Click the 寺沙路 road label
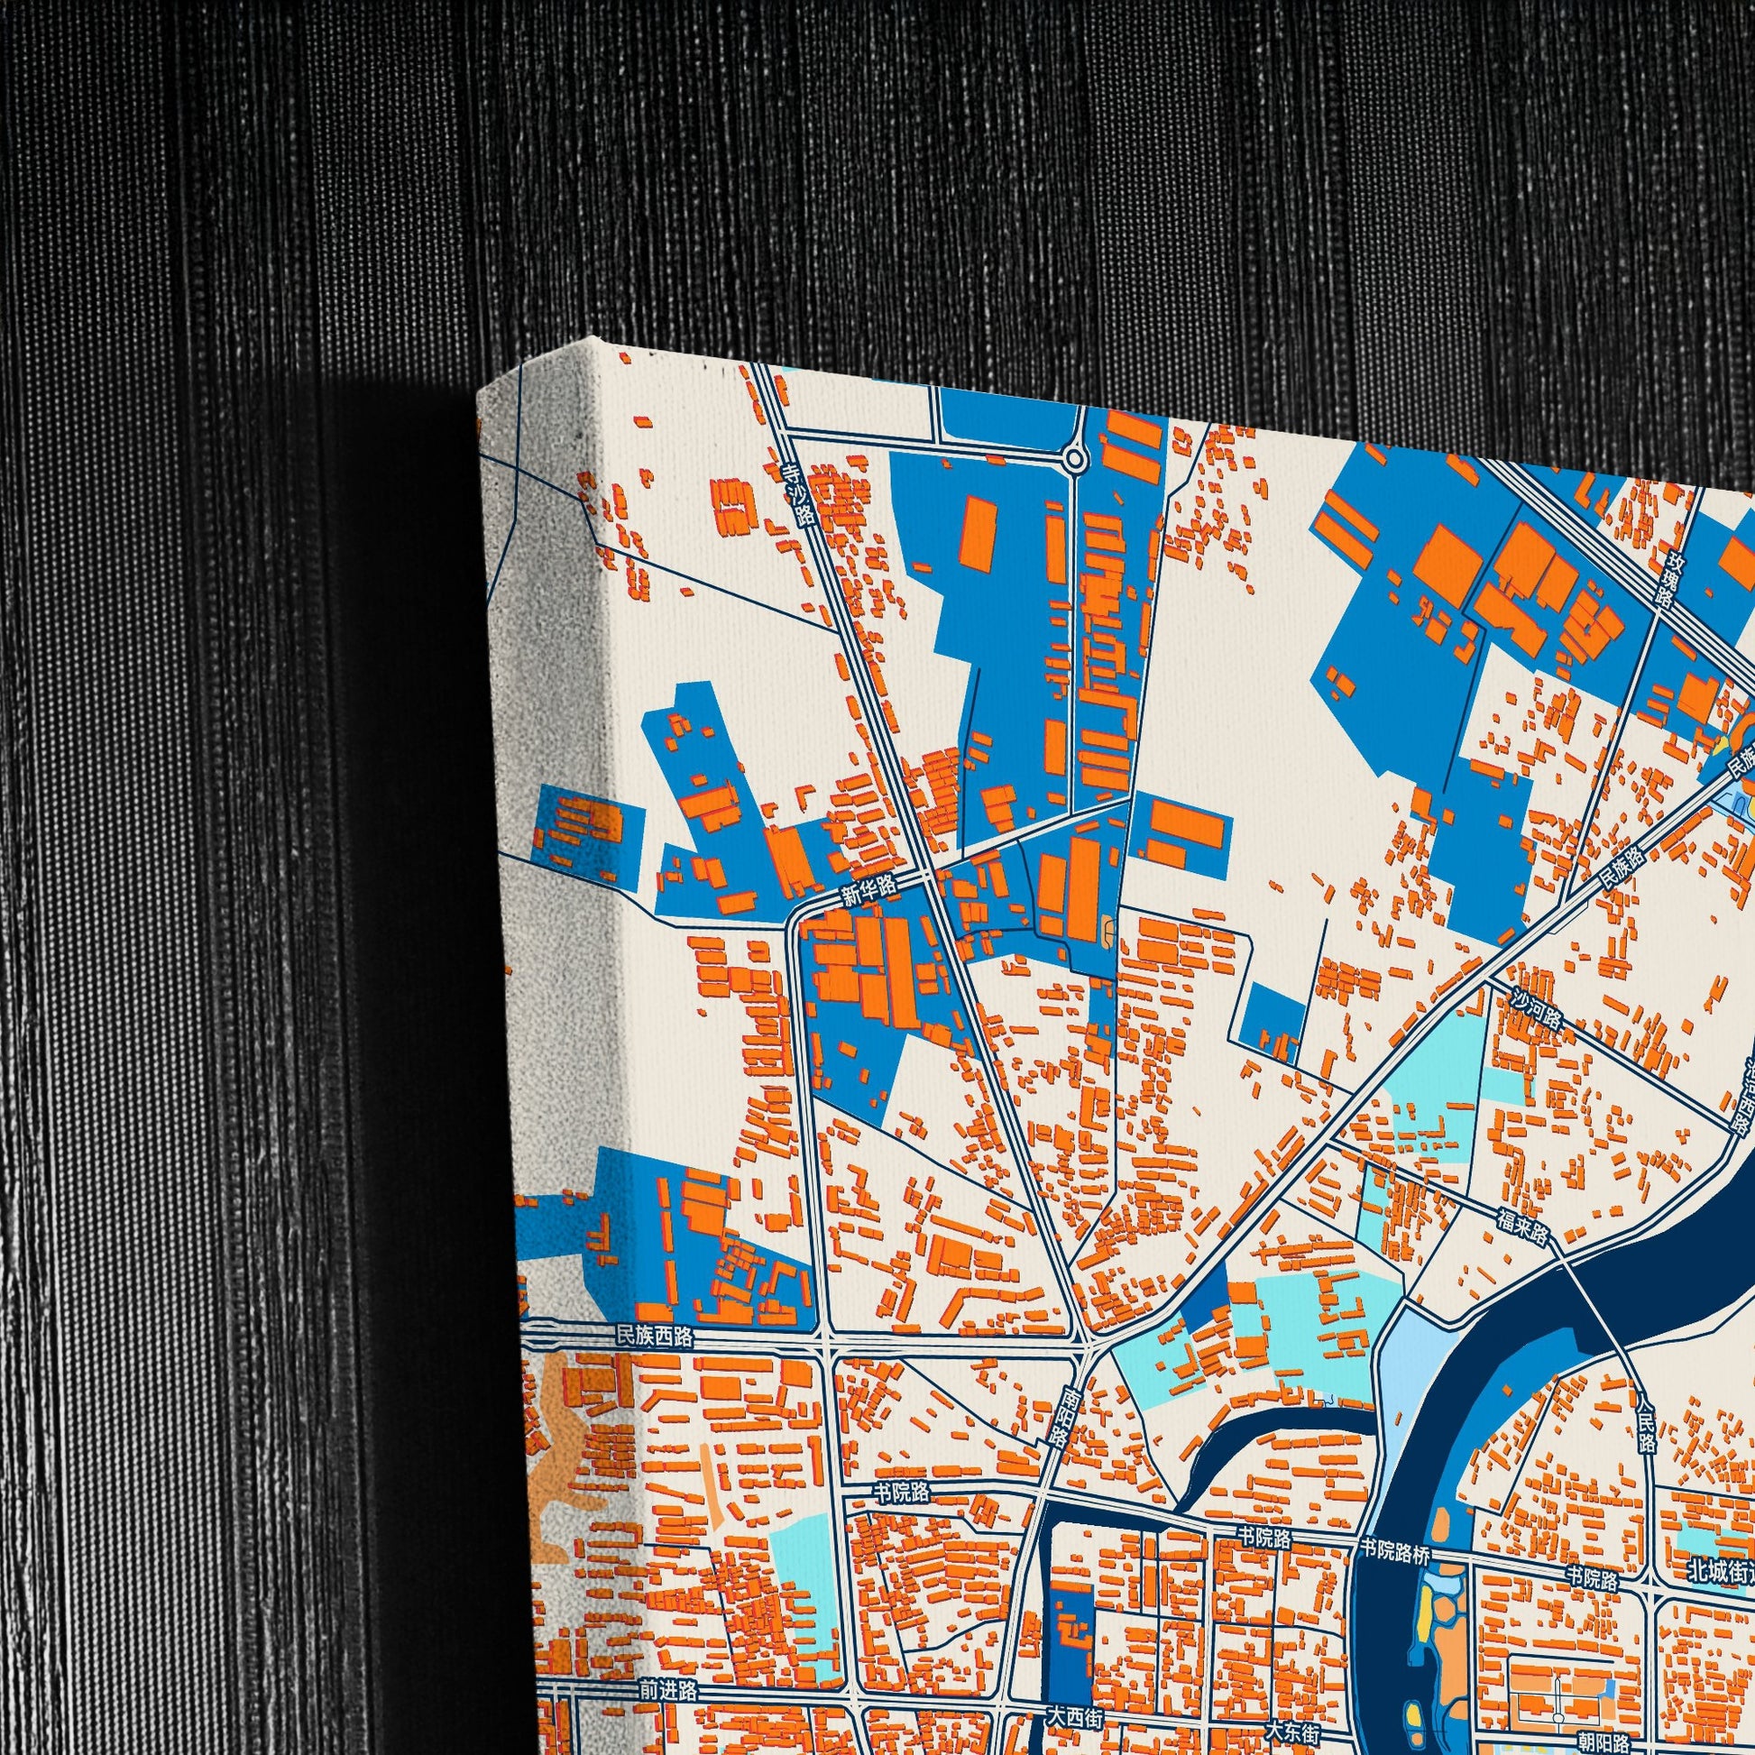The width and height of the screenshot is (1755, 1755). [x=799, y=496]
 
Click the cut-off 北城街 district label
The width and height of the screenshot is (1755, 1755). [x=1717, y=1569]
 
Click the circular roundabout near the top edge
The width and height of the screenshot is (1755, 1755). [x=1076, y=460]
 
